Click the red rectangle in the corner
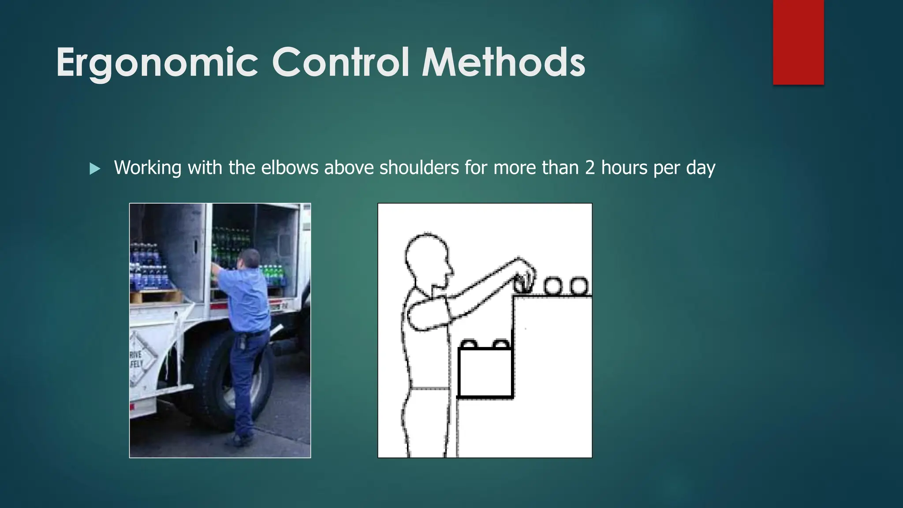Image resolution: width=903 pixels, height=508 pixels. click(x=798, y=42)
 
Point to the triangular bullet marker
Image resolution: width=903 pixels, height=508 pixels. click(x=95, y=168)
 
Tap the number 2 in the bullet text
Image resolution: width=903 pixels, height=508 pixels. click(x=590, y=168)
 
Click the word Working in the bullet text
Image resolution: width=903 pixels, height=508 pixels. click(x=147, y=168)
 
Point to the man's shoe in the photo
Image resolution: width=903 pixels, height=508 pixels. click(x=243, y=438)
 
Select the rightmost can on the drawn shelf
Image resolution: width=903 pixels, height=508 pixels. click(x=579, y=286)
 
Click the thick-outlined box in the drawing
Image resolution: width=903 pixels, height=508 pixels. click(x=485, y=373)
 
